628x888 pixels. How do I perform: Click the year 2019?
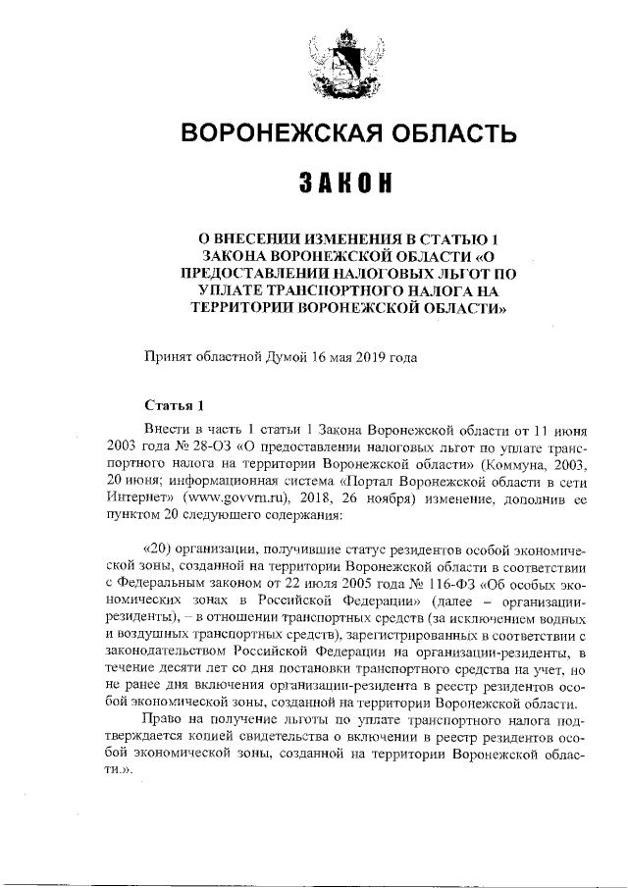[364, 357]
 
